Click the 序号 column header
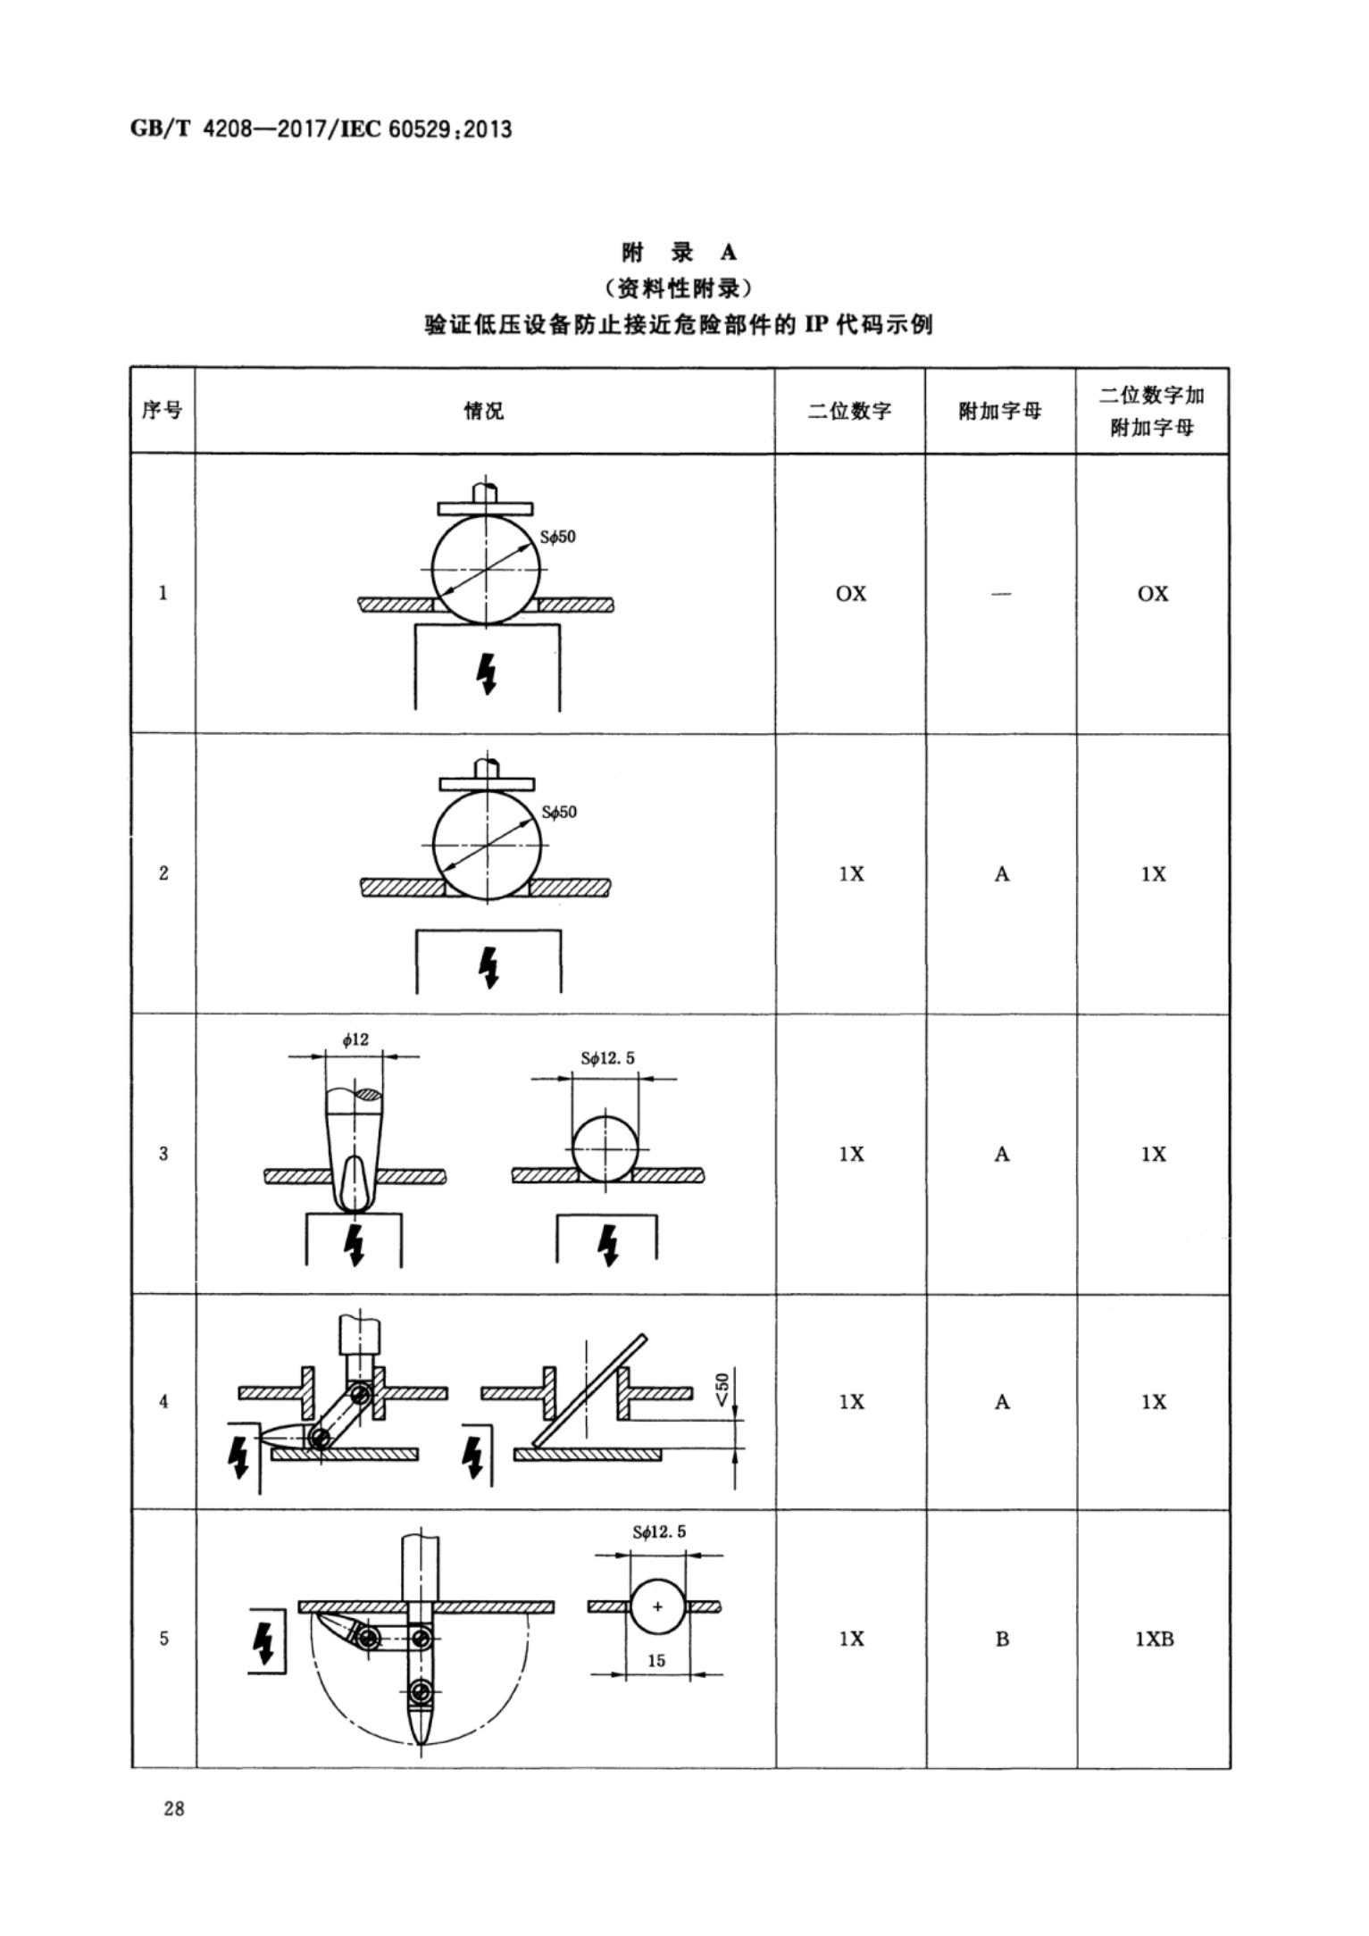[x=162, y=410]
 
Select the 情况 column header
[x=484, y=411]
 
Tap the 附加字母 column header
[x=1000, y=411]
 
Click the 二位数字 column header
[x=849, y=411]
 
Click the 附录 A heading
[x=680, y=253]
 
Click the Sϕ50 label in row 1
[x=557, y=537]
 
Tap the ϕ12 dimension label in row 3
[x=355, y=1039]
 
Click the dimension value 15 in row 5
[x=656, y=1661]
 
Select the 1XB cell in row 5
[x=1154, y=1639]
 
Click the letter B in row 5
[x=1002, y=1639]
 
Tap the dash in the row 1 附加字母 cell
[x=1001, y=594]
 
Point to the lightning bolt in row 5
[x=264, y=1640]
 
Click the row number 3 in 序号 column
[x=163, y=1154]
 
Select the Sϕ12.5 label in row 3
[x=607, y=1058]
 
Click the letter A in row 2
[x=1002, y=874]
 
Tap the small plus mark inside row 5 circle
[x=658, y=1606]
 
